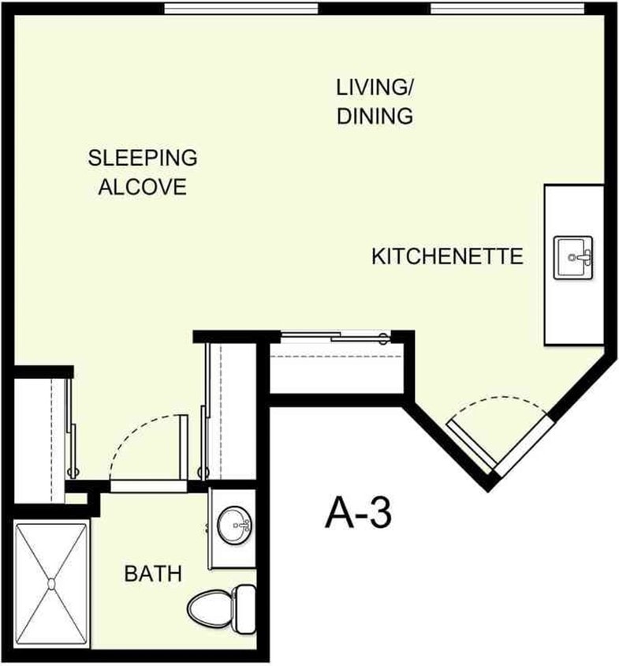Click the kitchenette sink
[574, 257]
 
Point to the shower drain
[51, 584]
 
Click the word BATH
[153, 574]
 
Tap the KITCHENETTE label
[447, 256]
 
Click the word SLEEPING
[143, 158]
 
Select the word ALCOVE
[143, 188]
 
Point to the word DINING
[375, 116]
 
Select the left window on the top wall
[241, 9]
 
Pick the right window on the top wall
[507, 9]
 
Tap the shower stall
[51, 584]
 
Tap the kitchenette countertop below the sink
[574, 316]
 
